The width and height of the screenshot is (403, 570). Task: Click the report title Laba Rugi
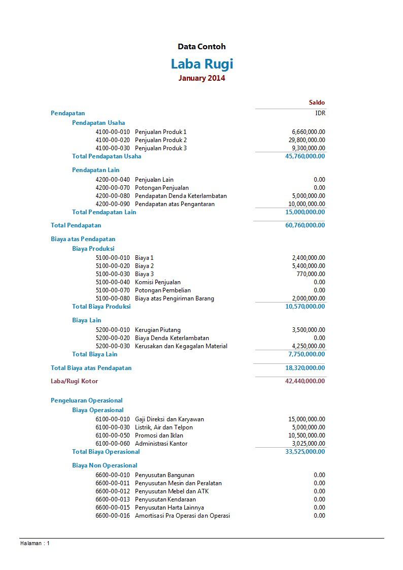point(201,64)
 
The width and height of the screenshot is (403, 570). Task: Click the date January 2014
point(201,78)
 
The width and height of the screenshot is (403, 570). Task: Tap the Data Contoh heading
point(201,47)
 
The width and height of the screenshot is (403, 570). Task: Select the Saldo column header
point(317,103)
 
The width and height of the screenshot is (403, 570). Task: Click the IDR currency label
point(320,113)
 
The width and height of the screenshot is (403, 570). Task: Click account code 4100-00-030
point(113,148)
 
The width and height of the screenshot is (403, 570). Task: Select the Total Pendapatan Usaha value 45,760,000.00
point(305,156)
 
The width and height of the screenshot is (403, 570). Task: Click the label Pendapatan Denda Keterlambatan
point(181,196)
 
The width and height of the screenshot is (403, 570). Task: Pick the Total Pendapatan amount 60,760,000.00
point(305,225)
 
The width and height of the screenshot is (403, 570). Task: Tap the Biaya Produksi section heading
point(93,249)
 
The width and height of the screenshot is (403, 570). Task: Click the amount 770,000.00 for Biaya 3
point(309,274)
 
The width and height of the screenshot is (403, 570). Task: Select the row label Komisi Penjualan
point(157,282)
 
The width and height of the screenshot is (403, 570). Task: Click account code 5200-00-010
point(113,330)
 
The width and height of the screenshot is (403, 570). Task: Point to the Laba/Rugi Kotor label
point(74,381)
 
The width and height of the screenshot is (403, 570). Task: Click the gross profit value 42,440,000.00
point(305,381)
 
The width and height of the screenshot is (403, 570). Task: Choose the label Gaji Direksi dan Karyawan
point(169,419)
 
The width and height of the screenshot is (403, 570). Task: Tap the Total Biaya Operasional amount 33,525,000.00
point(305,452)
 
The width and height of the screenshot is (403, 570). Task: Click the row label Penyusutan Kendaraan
point(165,499)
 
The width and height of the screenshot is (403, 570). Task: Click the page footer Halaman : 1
point(35,543)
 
